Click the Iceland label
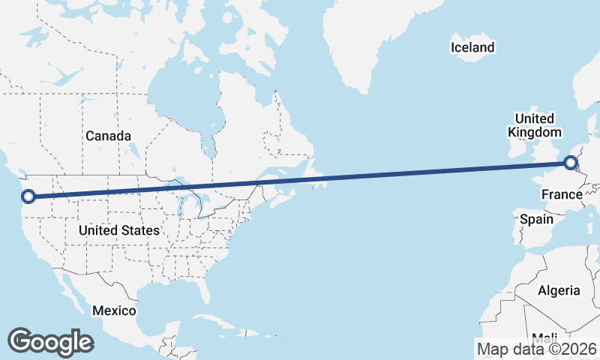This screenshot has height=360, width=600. click(472, 48)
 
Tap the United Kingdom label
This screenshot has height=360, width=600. click(534, 125)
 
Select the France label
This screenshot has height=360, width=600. click(562, 195)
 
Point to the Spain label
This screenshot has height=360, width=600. click(536, 220)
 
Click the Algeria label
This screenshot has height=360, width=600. click(559, 290)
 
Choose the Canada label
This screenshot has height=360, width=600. click(108, 136)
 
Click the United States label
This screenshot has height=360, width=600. click(118, 230)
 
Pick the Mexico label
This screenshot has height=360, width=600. click(114, 310)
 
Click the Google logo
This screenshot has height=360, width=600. click(50, 342)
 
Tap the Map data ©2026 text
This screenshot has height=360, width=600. click(536, 349)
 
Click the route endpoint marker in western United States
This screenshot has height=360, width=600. click(28, 196)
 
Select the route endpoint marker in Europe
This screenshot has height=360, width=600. click(571, 161)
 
